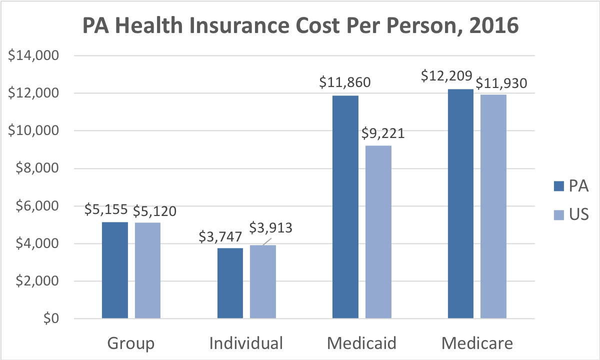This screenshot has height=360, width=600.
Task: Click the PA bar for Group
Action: pyautogui.click(x=115, y=270)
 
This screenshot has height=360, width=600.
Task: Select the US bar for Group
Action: pyautogui.click(x=147, y=270)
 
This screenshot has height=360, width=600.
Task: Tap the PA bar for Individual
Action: pyautogui.click(x=230, y=283)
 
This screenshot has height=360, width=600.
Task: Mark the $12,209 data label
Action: pyautogui.click(x=446, y=76)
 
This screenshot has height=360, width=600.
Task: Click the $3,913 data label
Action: pyautogui.click(x=271, y=227)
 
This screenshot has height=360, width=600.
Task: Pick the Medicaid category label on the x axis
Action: pyautogui.click(x=361, y=344)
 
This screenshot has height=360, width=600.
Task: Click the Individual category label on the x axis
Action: pyautogui.click(x=246, y=344)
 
